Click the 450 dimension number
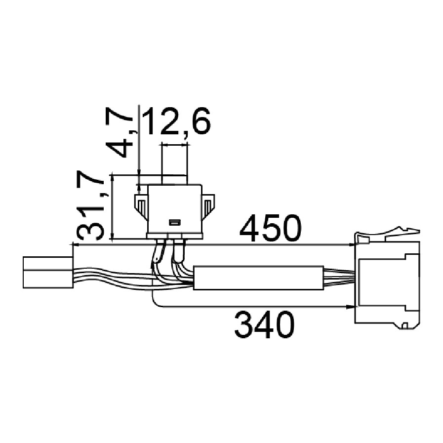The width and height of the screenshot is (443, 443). [271, 228]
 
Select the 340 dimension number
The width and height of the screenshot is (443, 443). [264, 324]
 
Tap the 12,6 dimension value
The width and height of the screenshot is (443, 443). [177, 121]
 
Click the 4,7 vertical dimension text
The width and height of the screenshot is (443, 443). [119, 132]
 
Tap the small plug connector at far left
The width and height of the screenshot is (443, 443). [48, 272]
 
